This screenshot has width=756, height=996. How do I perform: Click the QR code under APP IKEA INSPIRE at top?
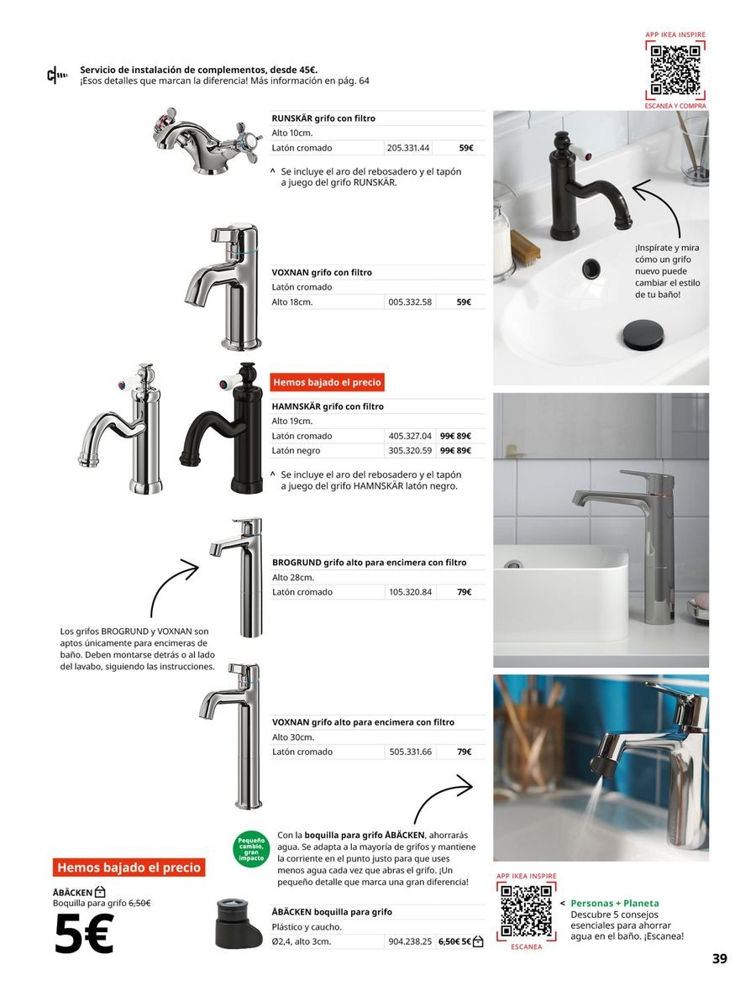(x=675, y=71)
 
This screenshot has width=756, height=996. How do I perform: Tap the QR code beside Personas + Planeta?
(x=527, y=911)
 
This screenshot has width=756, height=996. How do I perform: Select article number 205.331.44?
(x=408, y=148)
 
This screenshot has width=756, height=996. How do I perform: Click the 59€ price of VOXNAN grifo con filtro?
(x=465, y=301)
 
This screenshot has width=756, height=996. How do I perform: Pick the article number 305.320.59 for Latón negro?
(x=410, y=451)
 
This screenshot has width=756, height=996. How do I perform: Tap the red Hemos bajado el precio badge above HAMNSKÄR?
(x=327, y=382)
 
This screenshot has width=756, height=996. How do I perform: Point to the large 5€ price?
(x=84, y=935)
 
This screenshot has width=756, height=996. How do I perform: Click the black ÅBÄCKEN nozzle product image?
(x=239, y=923)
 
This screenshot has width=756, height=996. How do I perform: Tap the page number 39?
(x=719, y=959)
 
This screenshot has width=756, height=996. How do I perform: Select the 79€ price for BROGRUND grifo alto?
(x=464, y=592)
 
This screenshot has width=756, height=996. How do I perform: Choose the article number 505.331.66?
(x=411, y=752)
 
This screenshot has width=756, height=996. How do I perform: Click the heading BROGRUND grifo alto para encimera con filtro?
(x=369, y=563)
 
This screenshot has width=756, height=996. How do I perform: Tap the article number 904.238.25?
(x=410, y=941)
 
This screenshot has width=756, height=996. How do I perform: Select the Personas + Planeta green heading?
(x=614, y=903)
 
